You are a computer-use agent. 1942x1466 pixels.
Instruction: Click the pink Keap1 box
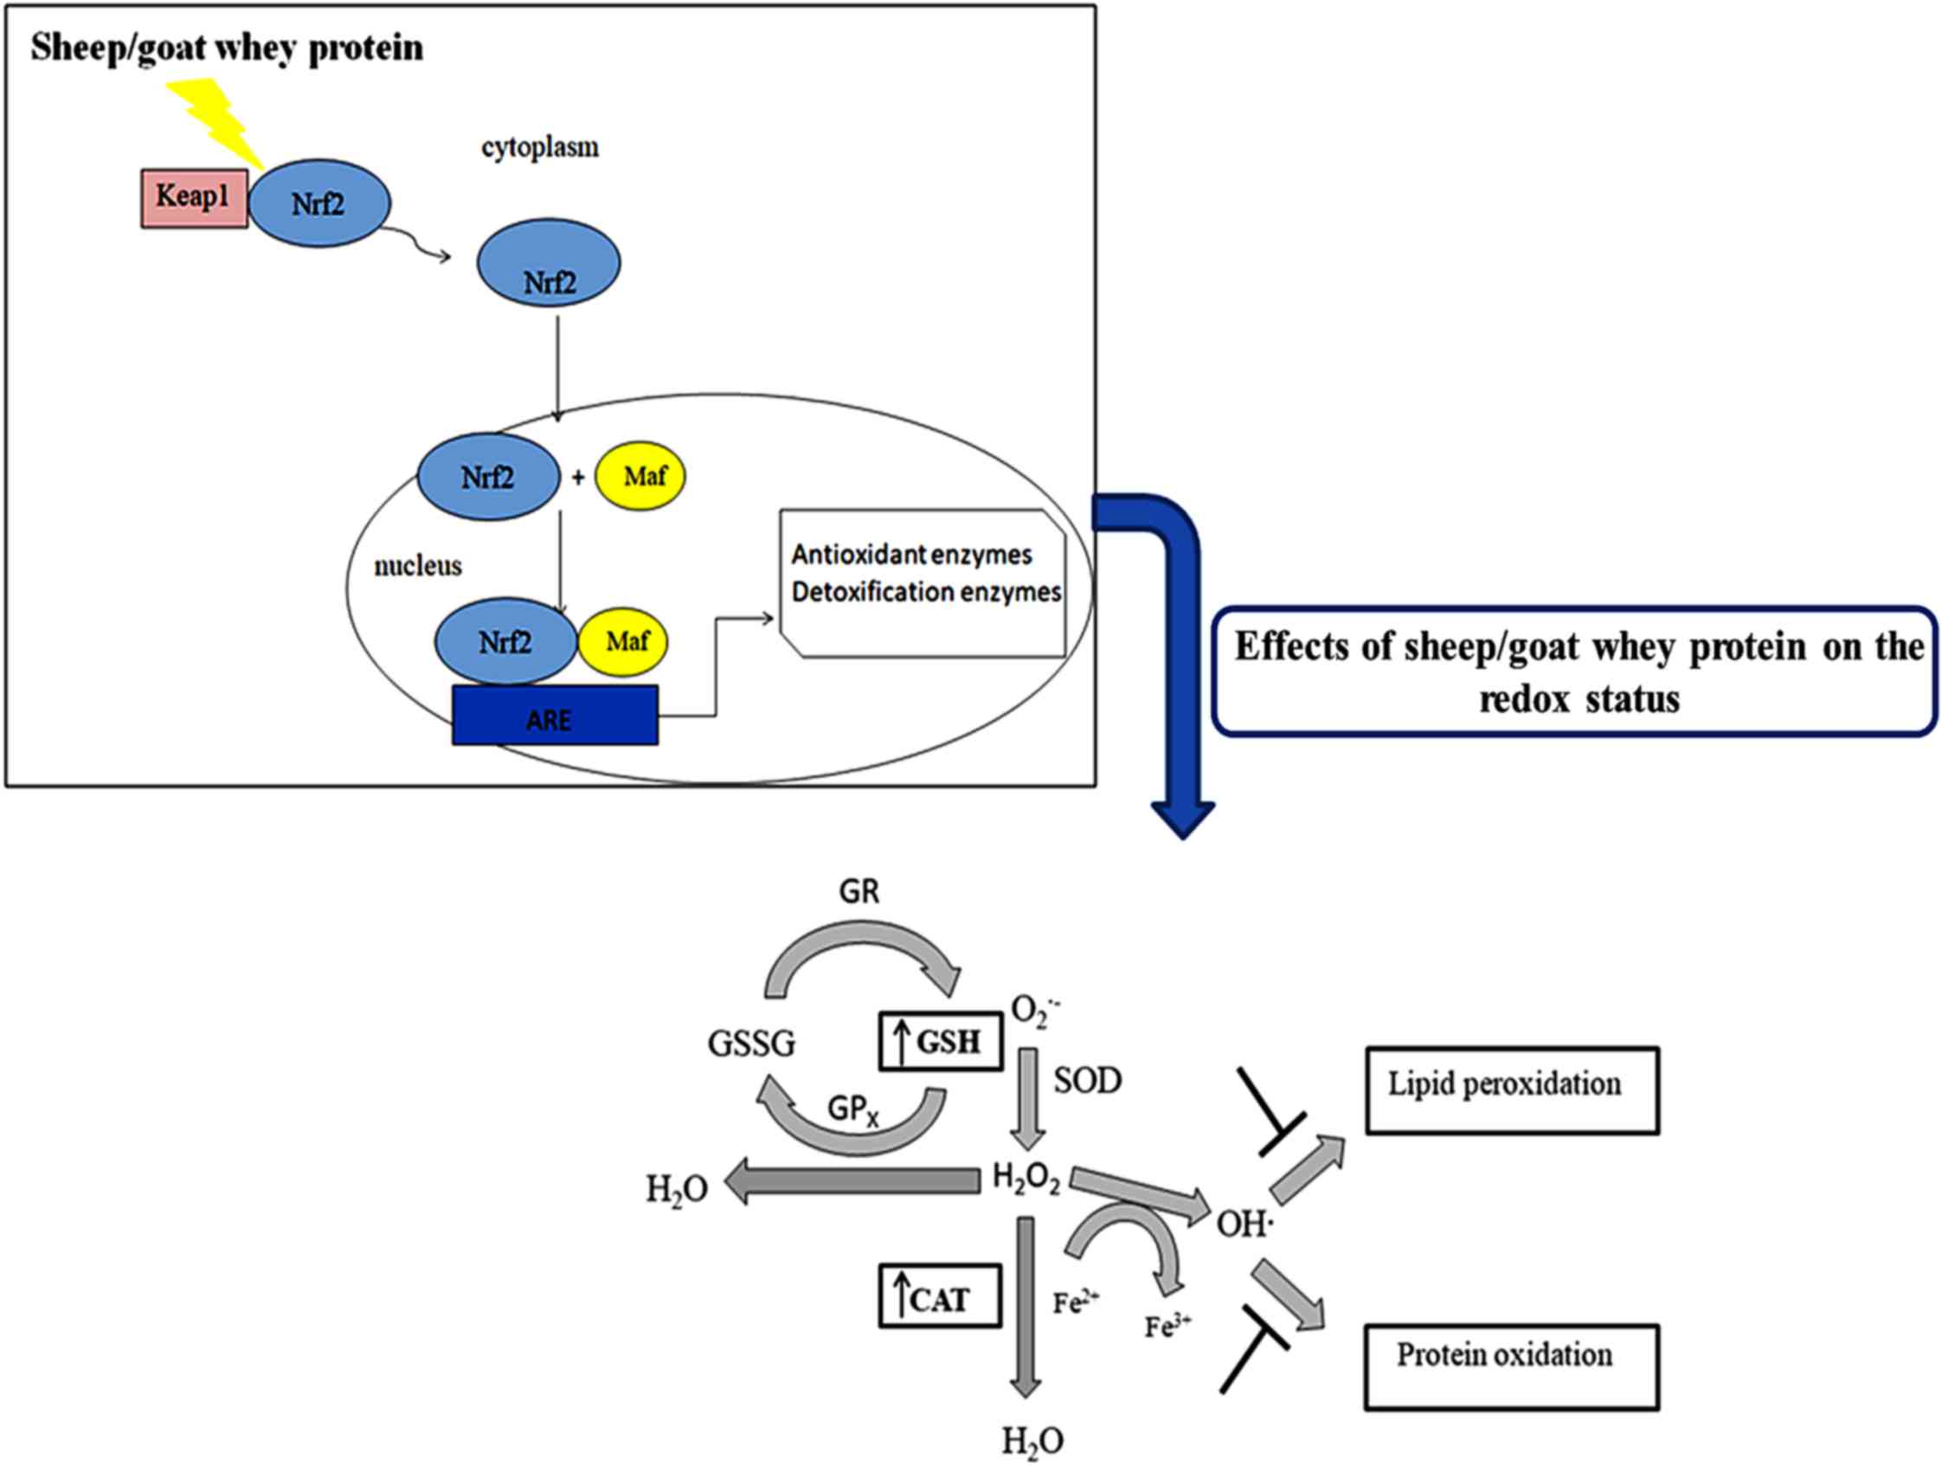click(194, 198)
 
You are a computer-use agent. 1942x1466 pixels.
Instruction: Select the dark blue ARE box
click(555, 716)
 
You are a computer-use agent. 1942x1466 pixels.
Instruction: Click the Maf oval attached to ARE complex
click(623, 642)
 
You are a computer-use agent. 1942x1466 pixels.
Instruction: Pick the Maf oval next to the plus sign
click(641, 477)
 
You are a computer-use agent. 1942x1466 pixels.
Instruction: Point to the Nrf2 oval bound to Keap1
click(318, 203)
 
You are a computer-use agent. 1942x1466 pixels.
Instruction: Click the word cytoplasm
click(540, 146)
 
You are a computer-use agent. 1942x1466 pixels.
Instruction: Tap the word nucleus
click(418, 566)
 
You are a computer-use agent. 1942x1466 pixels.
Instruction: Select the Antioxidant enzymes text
click(911, 555)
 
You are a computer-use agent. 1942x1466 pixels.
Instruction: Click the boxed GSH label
click(940, 1042)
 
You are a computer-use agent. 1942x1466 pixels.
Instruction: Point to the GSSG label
click(751, 1044)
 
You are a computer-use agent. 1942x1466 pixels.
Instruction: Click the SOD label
click(1088, 1081)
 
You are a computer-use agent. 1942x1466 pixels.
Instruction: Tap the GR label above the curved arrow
click(858, 892)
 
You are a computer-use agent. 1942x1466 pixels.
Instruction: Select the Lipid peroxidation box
click(1512, 1090)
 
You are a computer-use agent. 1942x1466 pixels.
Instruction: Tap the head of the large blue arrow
click(1182, 820)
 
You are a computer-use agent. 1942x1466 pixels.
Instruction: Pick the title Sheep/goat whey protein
click(227, 48)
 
